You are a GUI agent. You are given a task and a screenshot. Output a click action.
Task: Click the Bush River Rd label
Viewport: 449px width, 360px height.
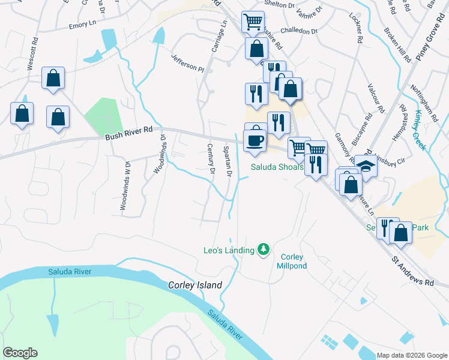coord(130,137)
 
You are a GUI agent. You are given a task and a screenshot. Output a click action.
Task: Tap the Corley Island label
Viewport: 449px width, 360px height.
coord(195,285)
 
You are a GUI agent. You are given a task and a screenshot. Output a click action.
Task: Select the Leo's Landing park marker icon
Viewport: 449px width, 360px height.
coord(263,248)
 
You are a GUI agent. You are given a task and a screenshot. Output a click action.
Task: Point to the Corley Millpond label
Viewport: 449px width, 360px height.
coord(292,261)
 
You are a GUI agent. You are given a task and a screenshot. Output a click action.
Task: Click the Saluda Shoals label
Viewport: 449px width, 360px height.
coord(277,167)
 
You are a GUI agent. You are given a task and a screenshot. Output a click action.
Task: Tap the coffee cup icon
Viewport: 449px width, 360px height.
coord(255,140)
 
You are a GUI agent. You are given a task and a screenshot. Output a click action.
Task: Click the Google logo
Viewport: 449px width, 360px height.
coord(20,353)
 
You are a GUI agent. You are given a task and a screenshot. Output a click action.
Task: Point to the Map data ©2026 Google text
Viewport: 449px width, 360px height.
coord(412,355)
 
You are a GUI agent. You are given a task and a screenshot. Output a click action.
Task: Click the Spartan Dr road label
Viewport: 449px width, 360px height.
coord(227,161)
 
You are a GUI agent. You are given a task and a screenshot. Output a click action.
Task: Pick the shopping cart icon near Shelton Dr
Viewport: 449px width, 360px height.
coord(253,22)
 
